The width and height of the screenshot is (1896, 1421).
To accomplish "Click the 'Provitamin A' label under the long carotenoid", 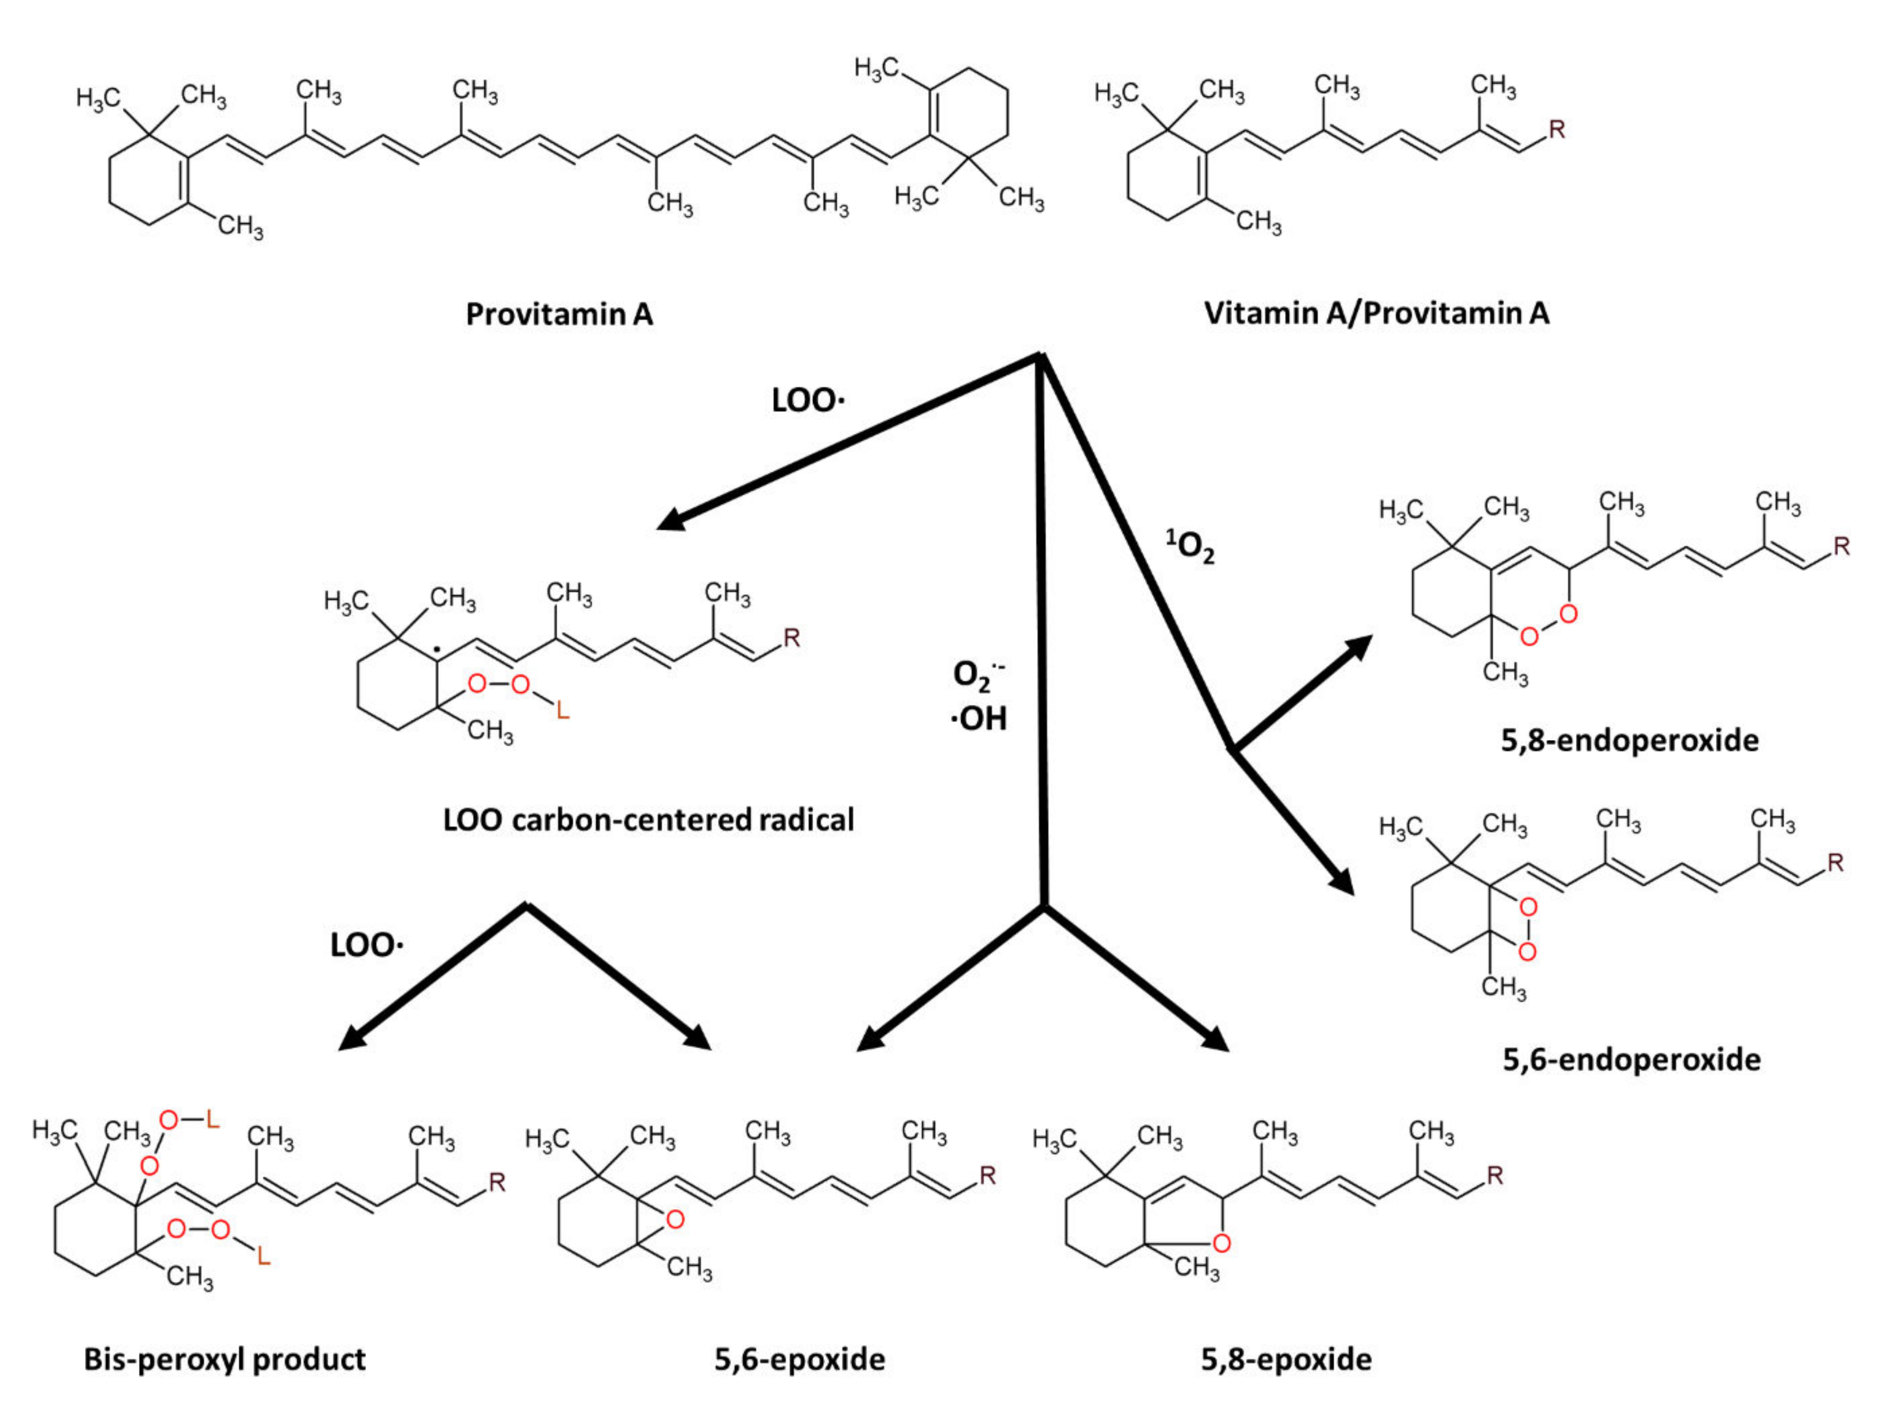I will tap(559, 315).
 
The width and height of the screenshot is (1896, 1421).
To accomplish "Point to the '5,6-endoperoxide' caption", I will tap(1631, 1059).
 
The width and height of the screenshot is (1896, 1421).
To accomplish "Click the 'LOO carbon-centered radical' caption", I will tap(648, 820).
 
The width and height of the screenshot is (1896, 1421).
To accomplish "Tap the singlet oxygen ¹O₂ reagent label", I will tap(1191, 546).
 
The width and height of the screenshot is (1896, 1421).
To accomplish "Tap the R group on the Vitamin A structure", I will tap(1557, 129).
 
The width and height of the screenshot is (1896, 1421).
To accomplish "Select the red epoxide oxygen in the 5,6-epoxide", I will tap(675, 1218).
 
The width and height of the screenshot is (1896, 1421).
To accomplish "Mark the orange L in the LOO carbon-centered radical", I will tap(562, 710).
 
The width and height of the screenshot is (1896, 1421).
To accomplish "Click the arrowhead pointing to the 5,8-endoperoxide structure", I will tap(1359, 647).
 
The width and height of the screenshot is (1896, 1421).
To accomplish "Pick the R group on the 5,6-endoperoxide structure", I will tap(1835, 862).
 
